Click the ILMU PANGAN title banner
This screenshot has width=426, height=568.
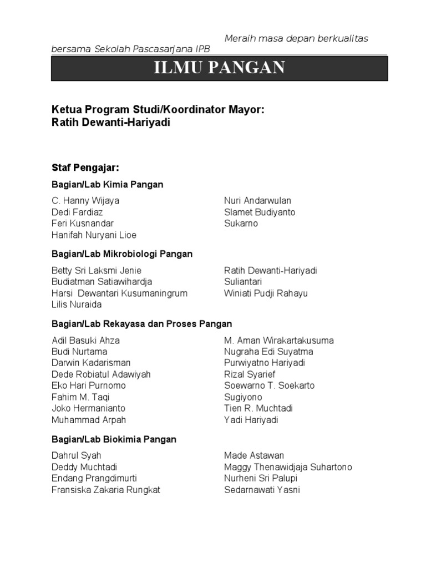pos(220,69)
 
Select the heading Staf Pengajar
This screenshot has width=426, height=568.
pos(85,167)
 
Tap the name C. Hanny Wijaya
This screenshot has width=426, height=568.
pos(85,201)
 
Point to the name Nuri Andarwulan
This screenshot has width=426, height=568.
pos(257,201)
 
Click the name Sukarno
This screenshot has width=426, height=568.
pos(241,224)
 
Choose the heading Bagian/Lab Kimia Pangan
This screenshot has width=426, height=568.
pos(107,184)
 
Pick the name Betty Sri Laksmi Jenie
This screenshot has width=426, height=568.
pos(96,271)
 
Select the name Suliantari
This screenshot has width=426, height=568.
pos(243,282)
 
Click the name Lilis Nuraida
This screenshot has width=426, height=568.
pos(77,305)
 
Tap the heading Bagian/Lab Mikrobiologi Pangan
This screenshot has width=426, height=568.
pos(122,254)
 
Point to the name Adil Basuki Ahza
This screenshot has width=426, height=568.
pos(85,341)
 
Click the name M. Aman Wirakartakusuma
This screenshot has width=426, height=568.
pos(279,341)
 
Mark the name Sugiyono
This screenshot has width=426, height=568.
pos(243,397)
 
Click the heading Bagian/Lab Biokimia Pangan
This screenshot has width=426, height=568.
pos(114,439)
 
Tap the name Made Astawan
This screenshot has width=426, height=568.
pos(254,455)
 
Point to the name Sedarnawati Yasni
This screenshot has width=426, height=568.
pos(262,490)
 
